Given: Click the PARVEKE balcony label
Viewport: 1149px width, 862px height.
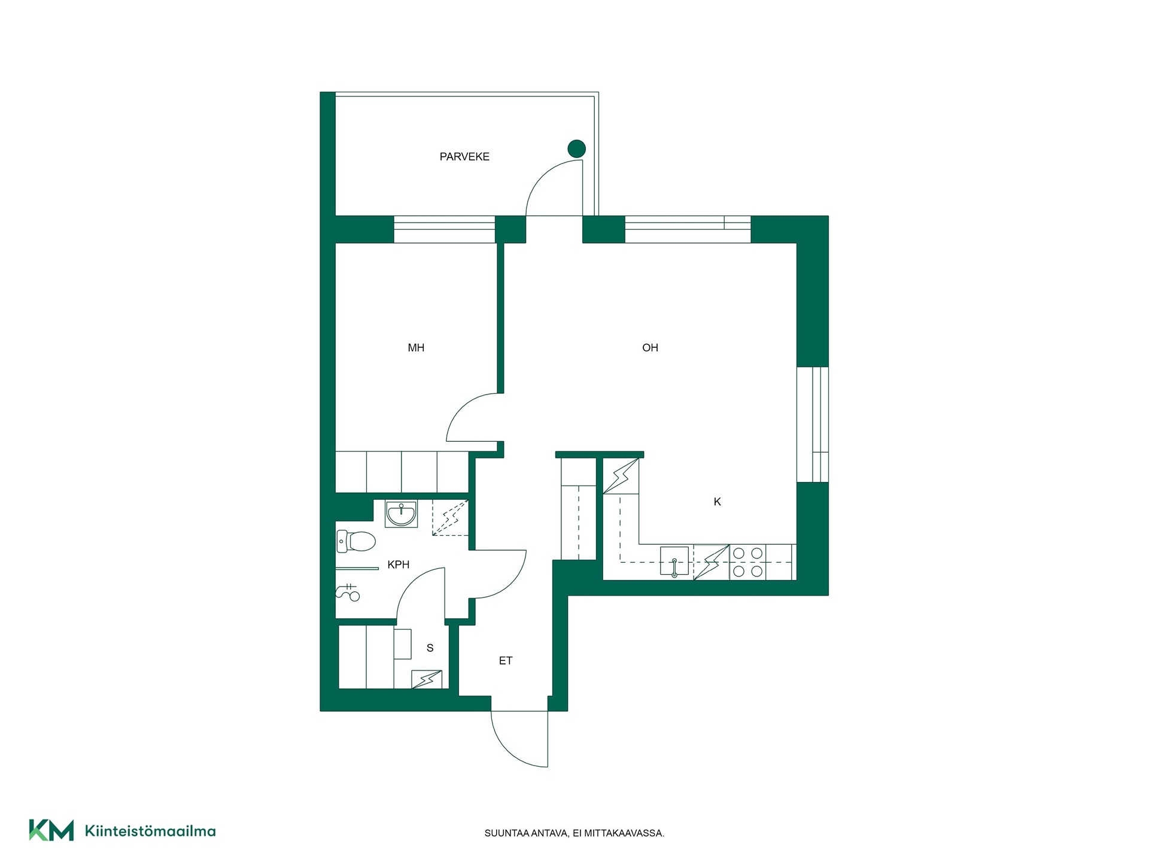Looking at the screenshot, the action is coord(464,157).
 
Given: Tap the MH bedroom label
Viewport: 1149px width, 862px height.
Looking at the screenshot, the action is coord(416,348).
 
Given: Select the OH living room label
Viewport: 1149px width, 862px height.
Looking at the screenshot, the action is coord(650,348).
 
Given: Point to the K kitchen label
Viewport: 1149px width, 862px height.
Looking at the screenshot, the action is coord(718,502).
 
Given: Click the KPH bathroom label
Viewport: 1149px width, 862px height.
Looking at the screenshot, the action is coord(399,564).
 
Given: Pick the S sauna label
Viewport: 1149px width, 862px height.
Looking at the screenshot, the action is coord(430,648).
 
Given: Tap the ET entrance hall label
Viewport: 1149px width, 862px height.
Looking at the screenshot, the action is coord(506,661).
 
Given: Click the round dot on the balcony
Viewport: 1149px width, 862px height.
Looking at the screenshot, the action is coord(576,148).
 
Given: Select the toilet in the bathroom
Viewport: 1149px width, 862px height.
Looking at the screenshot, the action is coord(356,541).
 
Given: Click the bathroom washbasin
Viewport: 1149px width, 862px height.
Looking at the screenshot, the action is coord(402,514).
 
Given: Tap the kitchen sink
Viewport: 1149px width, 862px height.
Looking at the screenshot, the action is coord(674,561).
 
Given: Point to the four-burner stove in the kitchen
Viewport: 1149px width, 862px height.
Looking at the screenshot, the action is coord(748,562).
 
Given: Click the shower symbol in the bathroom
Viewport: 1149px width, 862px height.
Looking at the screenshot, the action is coord(348,592).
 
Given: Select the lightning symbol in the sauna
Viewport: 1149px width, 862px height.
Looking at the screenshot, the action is coord(427,679).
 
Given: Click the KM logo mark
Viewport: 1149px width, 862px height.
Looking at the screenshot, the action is coord(51,830).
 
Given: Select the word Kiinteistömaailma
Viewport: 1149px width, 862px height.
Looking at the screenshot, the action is coord(150,831).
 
